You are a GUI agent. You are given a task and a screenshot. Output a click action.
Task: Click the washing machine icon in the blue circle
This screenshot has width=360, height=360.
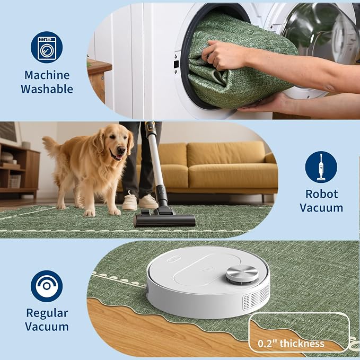tap(47, 47)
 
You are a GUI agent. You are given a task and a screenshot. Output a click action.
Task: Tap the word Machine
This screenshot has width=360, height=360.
tap(47, 75)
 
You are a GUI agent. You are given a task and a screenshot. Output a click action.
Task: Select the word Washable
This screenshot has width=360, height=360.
tap(47, 89)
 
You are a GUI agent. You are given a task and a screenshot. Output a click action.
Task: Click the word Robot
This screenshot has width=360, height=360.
tap(321, 194)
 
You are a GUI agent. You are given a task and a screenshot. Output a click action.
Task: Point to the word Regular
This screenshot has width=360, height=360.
tap(47, 313)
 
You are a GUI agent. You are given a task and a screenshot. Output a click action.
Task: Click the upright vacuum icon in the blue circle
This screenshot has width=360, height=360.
tap(321, 167)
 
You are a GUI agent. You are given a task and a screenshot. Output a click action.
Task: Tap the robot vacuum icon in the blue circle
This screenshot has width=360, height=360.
tap(47, 286)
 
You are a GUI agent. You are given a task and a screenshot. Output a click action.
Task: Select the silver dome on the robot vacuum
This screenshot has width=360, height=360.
tap(242, 273)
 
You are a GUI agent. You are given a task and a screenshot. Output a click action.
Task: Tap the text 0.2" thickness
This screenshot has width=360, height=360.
tap(291, 344)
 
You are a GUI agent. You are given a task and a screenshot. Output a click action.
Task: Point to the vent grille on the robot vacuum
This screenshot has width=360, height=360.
tap(256, 297)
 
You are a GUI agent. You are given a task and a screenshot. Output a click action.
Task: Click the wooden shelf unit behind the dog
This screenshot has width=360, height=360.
tap(19, 170)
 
